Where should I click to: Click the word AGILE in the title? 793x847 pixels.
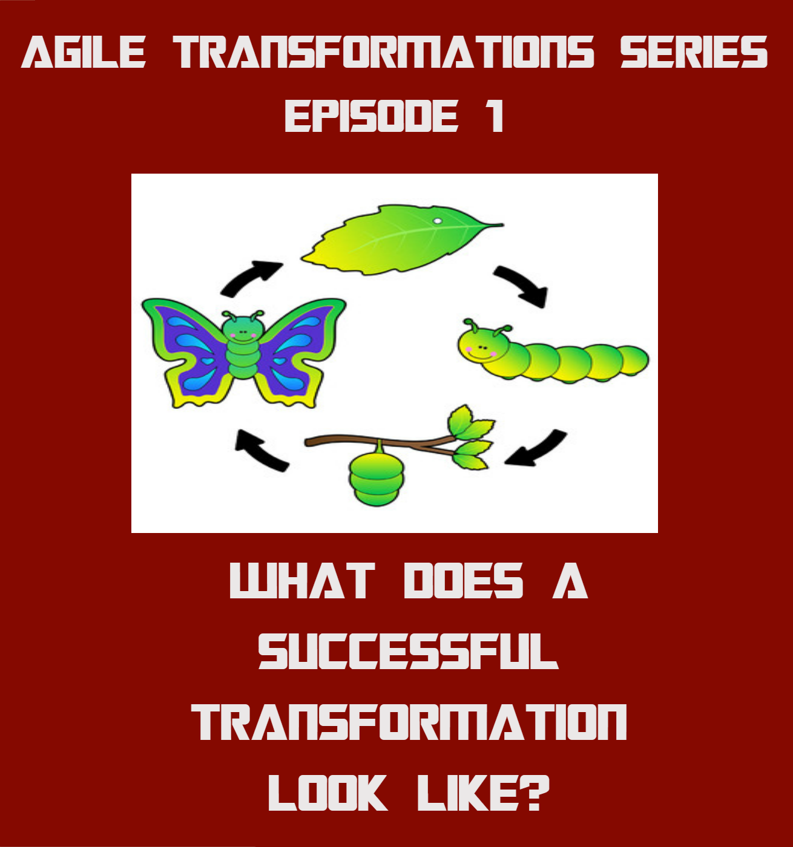pos(84,52)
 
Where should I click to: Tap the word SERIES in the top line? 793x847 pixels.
pos(694,52)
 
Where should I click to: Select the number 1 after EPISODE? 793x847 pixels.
pos(496,116)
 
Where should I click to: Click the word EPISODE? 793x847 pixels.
pos(371,116)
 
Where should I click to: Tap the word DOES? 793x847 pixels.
pos(463,581)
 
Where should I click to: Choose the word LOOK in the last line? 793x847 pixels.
pos(327,793)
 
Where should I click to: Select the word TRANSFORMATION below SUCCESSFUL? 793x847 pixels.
pos(410,722)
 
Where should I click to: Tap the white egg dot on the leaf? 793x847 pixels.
pos(437,221)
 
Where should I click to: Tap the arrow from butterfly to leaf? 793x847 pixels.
pos(250,278)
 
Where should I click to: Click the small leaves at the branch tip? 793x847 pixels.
pos(472,436)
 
